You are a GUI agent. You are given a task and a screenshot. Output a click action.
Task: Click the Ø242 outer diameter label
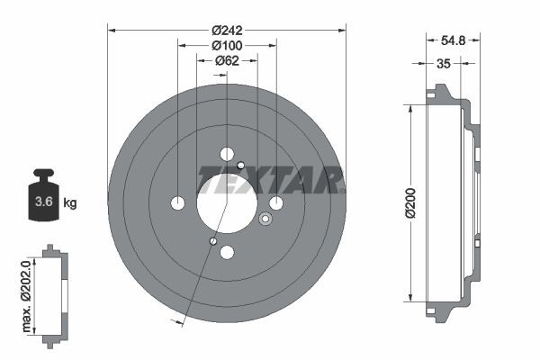(226, 29)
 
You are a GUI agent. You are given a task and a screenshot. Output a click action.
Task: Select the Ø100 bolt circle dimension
(226, 44)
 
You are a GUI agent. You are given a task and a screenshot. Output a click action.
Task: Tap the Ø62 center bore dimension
(226, 60)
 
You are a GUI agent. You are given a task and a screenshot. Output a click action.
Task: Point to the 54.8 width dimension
(453, 40)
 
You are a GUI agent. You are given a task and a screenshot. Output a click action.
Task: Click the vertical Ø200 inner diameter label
(409, 203)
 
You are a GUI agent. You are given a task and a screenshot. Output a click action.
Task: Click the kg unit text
(70, 203)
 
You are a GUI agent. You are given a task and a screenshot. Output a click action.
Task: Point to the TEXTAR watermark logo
(270, 180)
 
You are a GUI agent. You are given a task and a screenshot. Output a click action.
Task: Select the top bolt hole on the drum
(227, 152)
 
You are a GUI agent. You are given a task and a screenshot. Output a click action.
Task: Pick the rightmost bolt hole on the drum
(276, 202)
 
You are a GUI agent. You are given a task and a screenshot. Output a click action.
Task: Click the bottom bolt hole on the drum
(227, 252)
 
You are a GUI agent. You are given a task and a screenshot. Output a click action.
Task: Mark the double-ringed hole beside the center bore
(265, 219)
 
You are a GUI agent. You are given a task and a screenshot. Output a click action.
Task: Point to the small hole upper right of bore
(241, 165)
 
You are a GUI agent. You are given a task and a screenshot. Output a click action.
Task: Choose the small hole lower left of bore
(211, 240)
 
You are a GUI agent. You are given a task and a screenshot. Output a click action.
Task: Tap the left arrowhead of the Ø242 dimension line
(112, 29)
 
